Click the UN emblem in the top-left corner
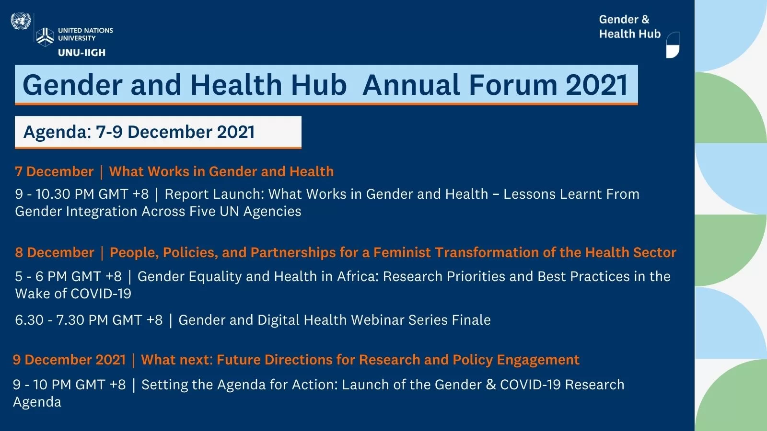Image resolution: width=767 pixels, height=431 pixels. tap(21, 21)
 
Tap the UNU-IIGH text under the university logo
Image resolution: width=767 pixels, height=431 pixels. tap(81, 53)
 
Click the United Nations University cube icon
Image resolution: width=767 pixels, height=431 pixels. tap(45, 36)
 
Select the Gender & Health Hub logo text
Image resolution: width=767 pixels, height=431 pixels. tap(629, 27)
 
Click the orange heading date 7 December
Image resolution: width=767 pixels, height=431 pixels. tap(54, 172)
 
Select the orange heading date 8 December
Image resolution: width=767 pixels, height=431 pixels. tap(55, 253)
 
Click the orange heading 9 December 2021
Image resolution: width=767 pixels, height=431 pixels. tap(69, 360)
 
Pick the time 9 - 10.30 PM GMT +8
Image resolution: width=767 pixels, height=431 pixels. tap(82, 194)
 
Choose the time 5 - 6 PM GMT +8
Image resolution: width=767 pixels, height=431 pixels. tap(68, 276)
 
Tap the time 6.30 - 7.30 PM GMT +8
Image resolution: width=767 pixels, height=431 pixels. tap(89, 320)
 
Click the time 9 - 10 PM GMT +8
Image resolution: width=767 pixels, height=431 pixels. tap(69, 385)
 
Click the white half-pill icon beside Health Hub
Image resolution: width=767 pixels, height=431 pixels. tap(673, 45)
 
